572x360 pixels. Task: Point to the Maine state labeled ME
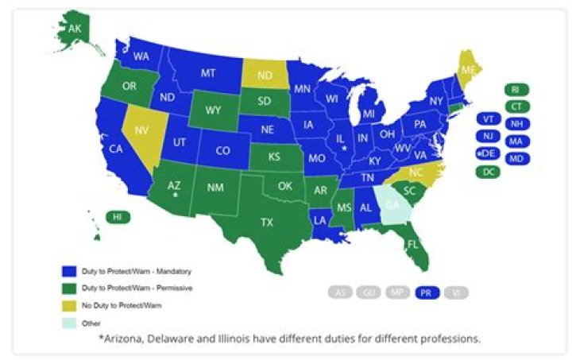(x=470, y=70)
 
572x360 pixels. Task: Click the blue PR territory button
(x=427, y=292)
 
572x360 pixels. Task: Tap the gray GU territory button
(x=368, y=292)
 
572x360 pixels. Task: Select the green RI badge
(x=515, y=90)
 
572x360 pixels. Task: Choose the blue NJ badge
(x=486, y=136)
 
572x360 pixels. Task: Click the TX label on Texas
(x=267, y=223)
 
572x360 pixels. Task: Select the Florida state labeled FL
(x=413, y=243)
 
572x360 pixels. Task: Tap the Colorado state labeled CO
(x=223, y=150)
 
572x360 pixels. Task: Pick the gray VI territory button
(x=456, y=292)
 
